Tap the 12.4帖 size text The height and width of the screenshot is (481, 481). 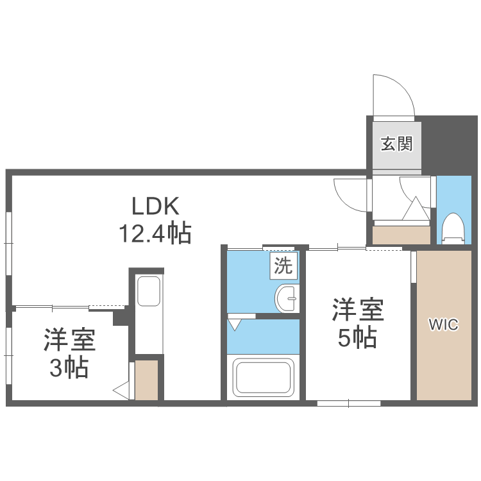pyautogui.click(x=154, y=233)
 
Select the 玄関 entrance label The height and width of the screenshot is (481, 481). pyautogui.click(x=396, y=144)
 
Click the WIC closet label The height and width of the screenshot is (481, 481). pyautogui.click(x=444, y=325)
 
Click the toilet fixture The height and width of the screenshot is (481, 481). pyautogui.click(x=453, y=228)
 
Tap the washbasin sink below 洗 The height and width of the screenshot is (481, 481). pyautogui.click(x=287, y=298)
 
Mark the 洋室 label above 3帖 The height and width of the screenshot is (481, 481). pyautogui.click(x=70, y=341)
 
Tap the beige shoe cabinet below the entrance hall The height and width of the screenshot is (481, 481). pyautogui.click(x=401, y=235)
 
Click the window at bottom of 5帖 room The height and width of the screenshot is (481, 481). pyautogui.click(x=349, y=403)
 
